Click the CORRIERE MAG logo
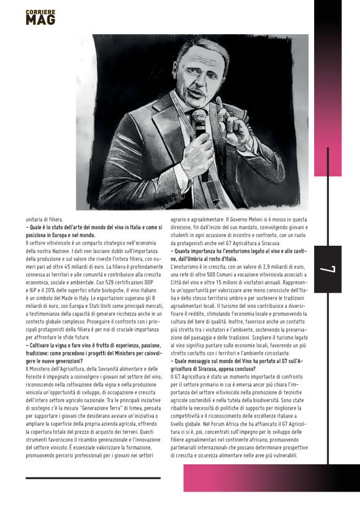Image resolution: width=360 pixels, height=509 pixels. coord(40,17)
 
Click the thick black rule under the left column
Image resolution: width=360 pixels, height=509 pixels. coord(93,478)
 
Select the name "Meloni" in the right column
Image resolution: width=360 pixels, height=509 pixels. coord(257,219)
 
